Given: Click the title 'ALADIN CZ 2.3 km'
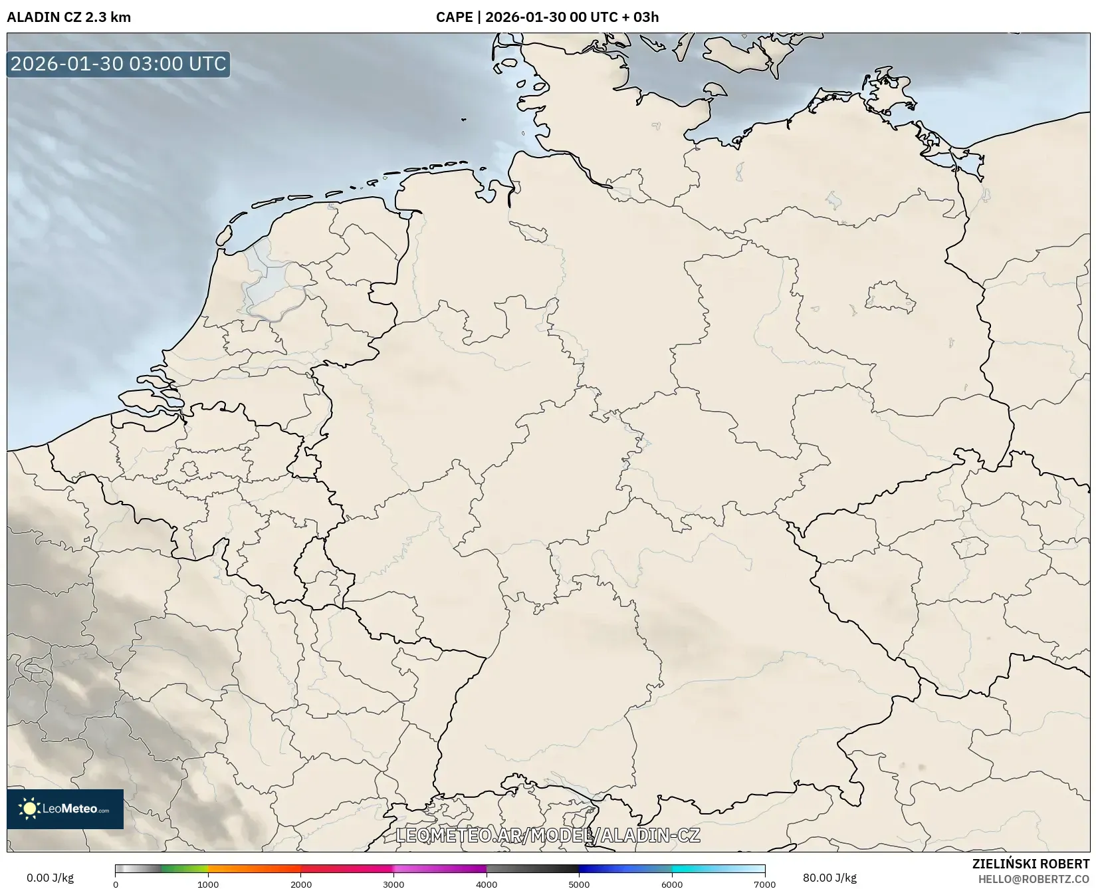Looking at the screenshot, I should click(68, 17).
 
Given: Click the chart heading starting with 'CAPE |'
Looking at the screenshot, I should click(547, 17).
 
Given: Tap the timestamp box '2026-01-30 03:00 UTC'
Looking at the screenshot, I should click(118, 64).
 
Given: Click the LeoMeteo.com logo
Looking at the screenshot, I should click(65, 809).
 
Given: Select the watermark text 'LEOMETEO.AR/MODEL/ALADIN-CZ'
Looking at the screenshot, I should click(548, 835).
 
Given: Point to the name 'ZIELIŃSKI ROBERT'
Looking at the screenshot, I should click(1030, 864).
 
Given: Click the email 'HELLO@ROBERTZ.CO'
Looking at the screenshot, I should click(1034, 879).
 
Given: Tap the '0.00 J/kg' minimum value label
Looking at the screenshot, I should click(50, 878).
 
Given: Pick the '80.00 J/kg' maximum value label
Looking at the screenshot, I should click(829, 878).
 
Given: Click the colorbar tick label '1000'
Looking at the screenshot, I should click(208, 884).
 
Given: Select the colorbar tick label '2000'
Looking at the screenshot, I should click(301, 884).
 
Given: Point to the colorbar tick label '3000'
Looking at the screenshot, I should click(393, 884).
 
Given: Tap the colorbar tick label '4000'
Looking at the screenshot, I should click(487, 884).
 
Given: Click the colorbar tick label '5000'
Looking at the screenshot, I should click(579, 884).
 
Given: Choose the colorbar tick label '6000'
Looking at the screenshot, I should click(672, 884).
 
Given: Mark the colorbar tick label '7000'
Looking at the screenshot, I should click(764, 884).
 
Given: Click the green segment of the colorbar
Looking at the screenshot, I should click(185, 868).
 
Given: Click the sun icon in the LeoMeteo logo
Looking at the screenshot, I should click(29, 809).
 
